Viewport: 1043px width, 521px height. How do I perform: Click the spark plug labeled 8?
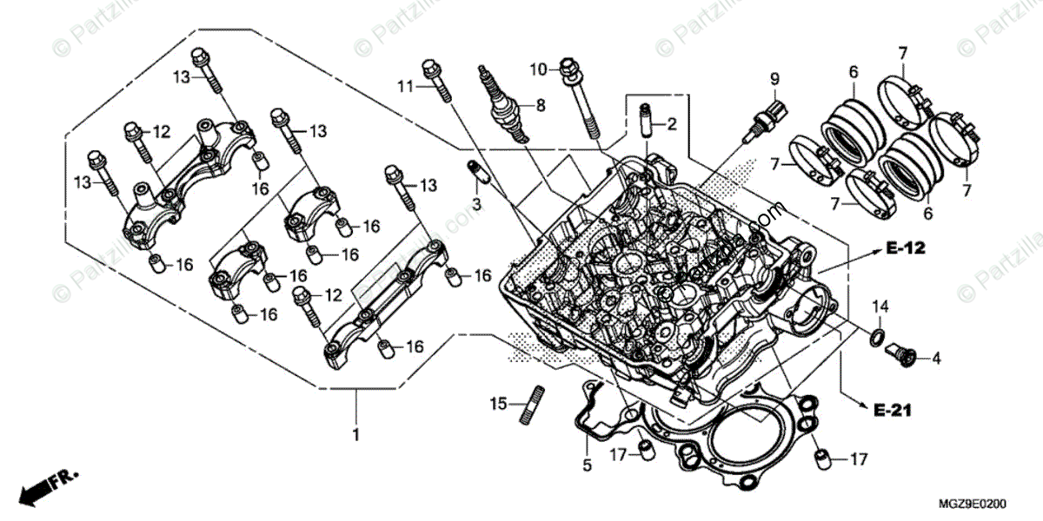tap(502, 104)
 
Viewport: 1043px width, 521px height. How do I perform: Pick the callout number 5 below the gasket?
tap(587, 466)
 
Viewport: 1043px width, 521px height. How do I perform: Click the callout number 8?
tap(540, 106)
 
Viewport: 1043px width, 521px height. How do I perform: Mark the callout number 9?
tap(773, 79)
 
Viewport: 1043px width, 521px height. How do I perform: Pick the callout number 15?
tap(497, 404)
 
